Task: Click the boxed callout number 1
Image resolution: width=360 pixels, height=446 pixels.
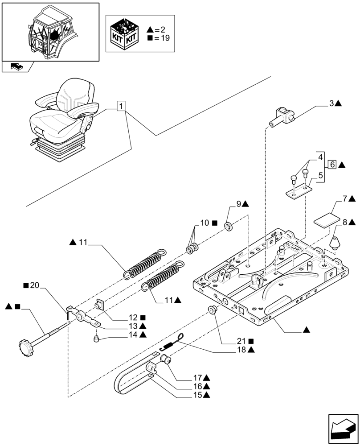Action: point(122,106)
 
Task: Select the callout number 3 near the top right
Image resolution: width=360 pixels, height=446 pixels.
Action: point(331,103)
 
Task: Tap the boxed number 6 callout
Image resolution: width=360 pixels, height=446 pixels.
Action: point(332,165)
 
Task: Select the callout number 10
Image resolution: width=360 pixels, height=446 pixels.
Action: point(205,223)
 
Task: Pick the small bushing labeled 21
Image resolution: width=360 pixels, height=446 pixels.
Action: point(213,310)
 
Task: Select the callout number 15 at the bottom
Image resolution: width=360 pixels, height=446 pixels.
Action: point(198,395)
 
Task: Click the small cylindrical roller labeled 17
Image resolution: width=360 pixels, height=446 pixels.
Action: point(169,359)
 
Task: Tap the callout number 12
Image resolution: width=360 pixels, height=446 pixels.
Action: point(132,318)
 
